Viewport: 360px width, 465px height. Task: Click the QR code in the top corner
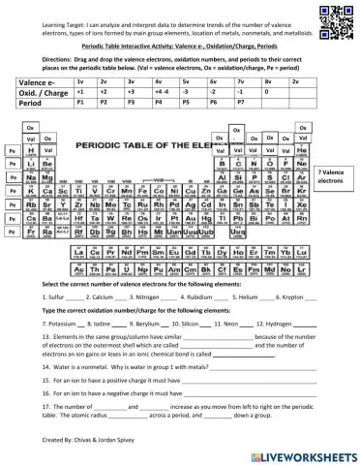(335, 16)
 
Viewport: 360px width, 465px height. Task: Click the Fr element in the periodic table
(33, 232)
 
